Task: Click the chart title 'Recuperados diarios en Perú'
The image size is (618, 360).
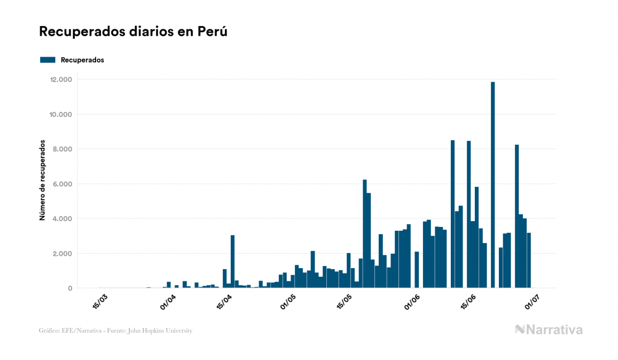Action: point(133,32)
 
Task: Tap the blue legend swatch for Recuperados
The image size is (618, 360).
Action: point(48,60)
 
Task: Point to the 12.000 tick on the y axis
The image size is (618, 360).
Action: point(60,80)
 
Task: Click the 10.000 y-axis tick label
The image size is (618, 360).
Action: point(60,114)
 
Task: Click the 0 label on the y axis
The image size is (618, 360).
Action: point(69,288)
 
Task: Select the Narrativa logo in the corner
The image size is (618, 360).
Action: point(549,330)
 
